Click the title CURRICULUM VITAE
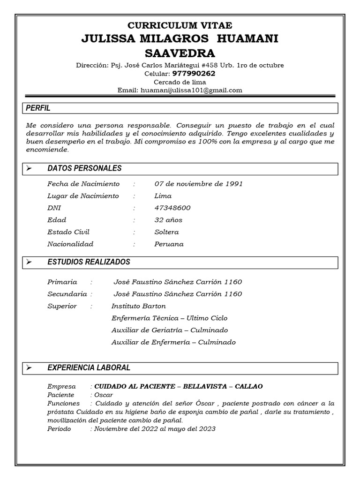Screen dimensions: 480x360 (180, 25)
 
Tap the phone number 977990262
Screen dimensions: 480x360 (194, 74)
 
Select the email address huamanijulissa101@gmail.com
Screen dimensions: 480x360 (191, 90)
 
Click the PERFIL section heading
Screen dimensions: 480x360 (38, 108)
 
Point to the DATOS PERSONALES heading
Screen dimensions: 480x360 (84, 168)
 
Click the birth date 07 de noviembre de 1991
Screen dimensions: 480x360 (198, 184)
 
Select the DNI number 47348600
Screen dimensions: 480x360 (172, 208)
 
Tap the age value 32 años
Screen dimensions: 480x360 (168, 220)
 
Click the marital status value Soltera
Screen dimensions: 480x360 (166, 232)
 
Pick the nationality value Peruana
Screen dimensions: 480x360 (169, 244)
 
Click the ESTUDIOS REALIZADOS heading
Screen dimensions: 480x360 (89, 262)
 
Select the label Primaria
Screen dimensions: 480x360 (62, 282)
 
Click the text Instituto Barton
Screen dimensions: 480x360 (138, 306)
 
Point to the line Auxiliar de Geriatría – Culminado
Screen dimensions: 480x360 (169, 330)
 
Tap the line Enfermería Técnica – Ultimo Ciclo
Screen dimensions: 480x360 (169, 318)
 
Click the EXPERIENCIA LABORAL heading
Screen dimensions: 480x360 (89, 368)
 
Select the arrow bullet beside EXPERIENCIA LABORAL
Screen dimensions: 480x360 (29, 368)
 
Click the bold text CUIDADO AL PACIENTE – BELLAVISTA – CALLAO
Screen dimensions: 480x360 (178, 387)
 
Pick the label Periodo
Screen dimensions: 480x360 (59, 429)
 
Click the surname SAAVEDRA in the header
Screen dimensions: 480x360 (180, 52)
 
